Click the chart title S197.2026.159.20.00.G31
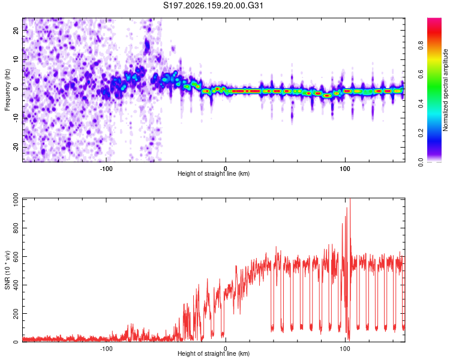pos(213,5)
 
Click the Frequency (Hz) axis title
pos(7,90)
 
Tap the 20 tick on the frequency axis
pos(16,30)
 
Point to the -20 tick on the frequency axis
pos(16,147)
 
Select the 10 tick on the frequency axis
pos(16,59)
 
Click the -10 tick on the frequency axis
pos(16,118)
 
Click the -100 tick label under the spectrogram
pos(106,169)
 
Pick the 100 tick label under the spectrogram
pos(345,169)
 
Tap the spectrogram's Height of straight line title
pos(214,173)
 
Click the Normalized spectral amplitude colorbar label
pos(445,90)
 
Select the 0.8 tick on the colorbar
pos(421,46)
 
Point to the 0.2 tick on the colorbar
pos(421,133)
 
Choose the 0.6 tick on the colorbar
pos(421,74)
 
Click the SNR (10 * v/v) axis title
pos(7,270)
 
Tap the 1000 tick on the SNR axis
pos(16,200)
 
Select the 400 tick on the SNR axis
pos(16,285)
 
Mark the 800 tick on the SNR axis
pos(16,228)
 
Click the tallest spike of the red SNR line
pos(350,199)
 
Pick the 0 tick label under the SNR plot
pos(226,349)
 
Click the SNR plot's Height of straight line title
pos(214,353)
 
